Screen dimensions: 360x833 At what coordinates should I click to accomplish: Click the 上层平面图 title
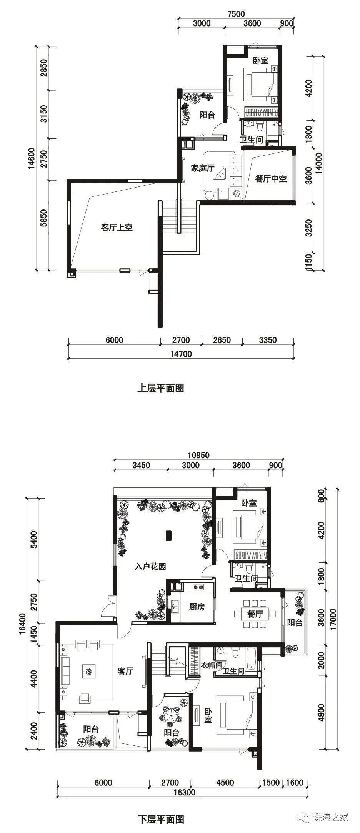pos(160,388)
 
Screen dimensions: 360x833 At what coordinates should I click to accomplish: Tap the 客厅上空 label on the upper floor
pos(117,228)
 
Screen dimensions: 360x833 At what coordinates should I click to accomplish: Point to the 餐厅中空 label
pos(271,179)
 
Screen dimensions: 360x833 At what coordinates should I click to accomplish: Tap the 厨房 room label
pos(197,607)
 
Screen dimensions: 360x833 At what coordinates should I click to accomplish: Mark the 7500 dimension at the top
pos(236,14)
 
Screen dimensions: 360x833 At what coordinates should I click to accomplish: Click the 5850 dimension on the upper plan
pos(44,218)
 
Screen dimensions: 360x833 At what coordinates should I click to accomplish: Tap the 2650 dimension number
pos(222,340)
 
